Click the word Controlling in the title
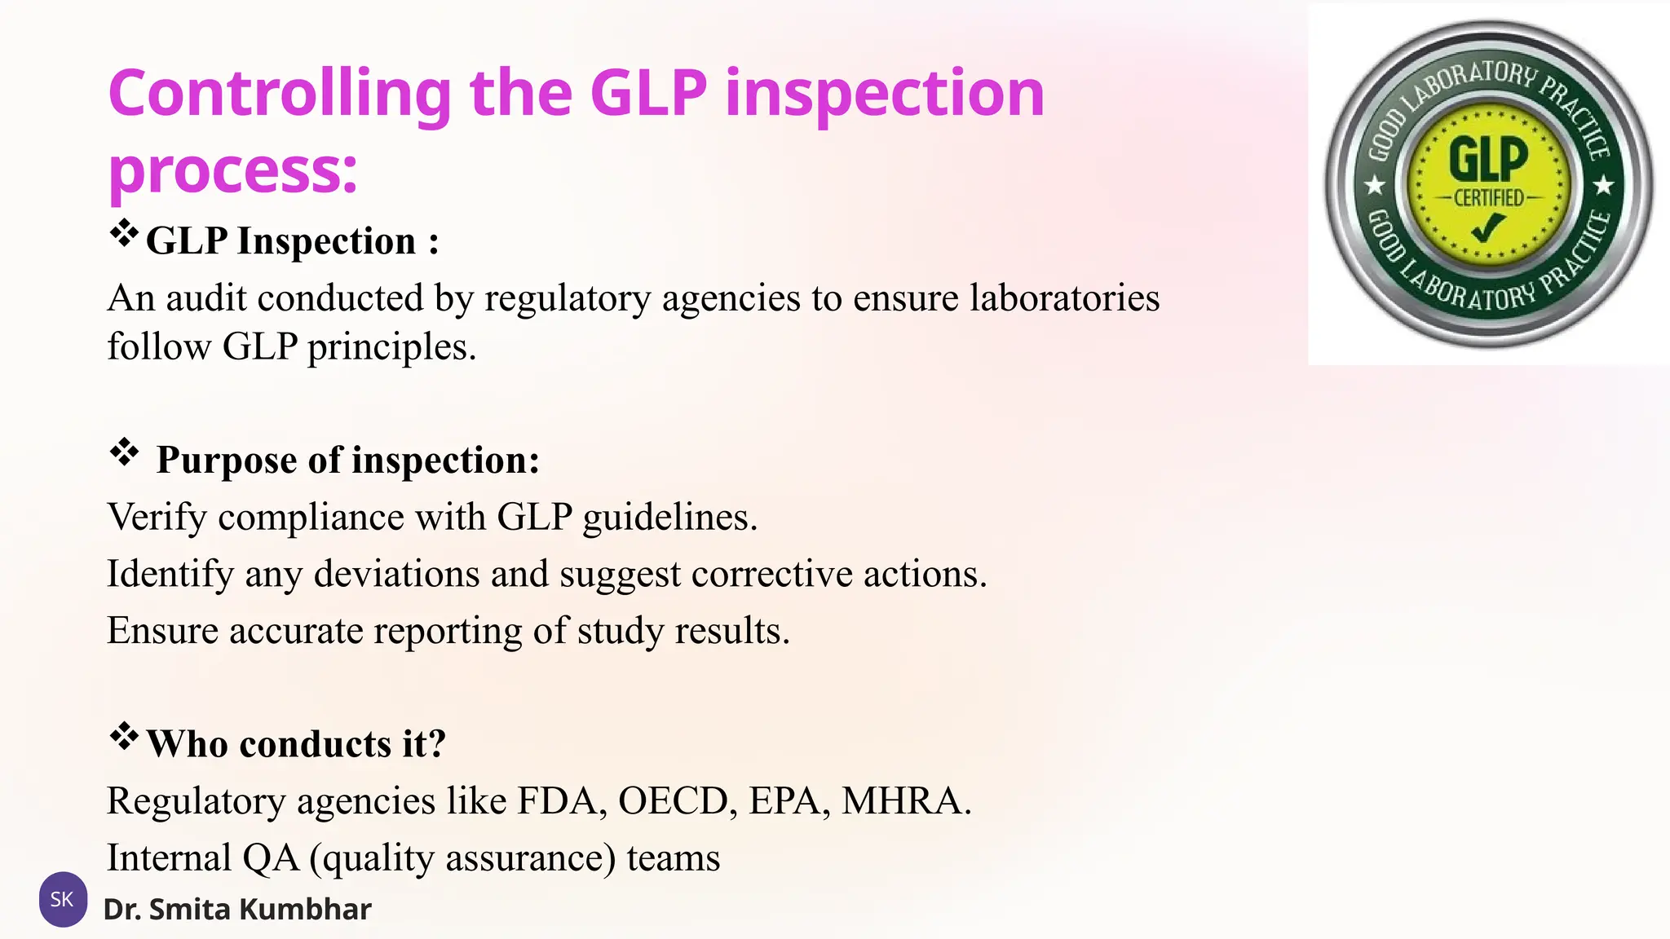tap(279, 94)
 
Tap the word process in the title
tap(232, 171)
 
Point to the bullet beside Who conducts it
tap(124, 736)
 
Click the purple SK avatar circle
tap(63, 899)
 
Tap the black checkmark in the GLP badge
tap(1488, 227)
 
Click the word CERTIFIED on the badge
tap(1488, 197)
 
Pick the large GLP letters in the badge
tap(1488, 159)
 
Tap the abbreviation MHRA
tap(905, 801)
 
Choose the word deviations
tap(396, 574)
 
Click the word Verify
tap(157, 518)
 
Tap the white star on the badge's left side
tap(1376, 186)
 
